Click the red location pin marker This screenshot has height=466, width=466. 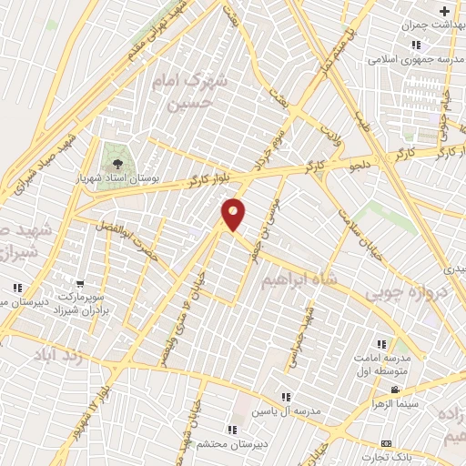click(234, 214)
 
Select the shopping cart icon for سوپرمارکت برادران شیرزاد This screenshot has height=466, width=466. click(81, 284)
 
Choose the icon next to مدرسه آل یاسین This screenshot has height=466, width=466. click(287, 397)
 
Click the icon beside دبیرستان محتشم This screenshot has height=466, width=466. click(233, 429)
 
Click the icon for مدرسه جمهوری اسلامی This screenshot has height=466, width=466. click(415, 45)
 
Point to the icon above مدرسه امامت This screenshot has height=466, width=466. click(382, 344)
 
